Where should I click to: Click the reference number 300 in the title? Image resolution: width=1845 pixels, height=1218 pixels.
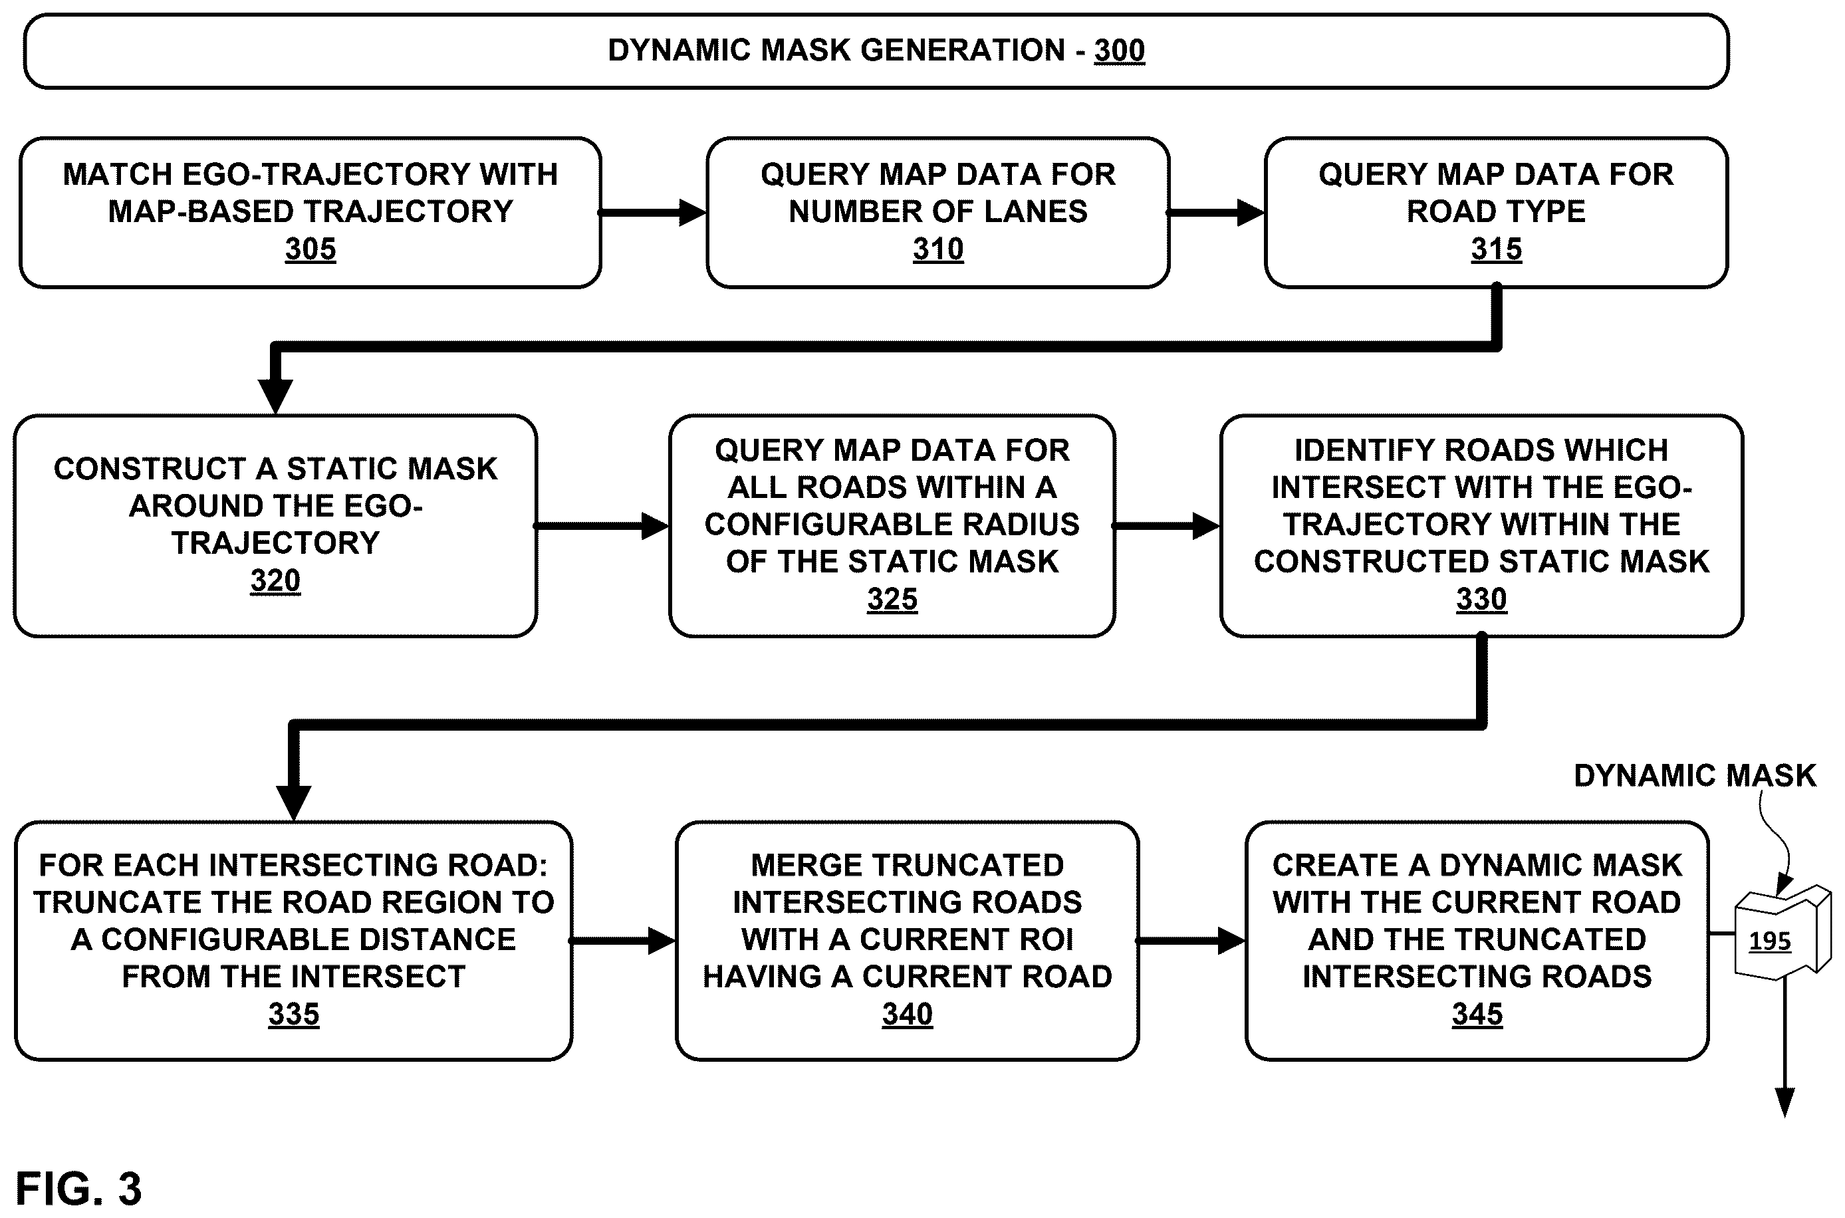point(1119,51)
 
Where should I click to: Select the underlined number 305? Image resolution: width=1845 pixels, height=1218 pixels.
point(310,249)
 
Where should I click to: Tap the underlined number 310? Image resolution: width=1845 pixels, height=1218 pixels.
point(937,249)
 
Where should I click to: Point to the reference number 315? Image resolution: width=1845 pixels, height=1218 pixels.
point(1496,249)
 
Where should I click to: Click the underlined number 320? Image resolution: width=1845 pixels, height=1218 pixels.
point(275,580)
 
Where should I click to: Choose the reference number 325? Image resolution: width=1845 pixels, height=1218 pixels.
point(892,599)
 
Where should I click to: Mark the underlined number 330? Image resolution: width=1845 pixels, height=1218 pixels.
point(1481,599)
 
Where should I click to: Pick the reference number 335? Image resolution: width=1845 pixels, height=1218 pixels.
point(294,1014)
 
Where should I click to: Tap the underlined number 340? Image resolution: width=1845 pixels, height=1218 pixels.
point(908,1014)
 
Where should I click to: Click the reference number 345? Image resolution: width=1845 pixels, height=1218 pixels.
point(1477,1014)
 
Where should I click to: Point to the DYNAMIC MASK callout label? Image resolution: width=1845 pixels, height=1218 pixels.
point(1694,776)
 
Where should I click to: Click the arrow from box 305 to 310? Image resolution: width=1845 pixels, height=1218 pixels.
point(652,212)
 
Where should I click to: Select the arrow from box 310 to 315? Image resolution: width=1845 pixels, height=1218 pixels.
point(1216,212)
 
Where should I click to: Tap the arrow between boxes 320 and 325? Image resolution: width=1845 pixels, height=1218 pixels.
point(602,526)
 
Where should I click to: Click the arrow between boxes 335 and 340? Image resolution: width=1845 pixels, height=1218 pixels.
point(623,941)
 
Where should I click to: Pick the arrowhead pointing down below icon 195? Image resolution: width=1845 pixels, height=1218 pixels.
point(1784,1103)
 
